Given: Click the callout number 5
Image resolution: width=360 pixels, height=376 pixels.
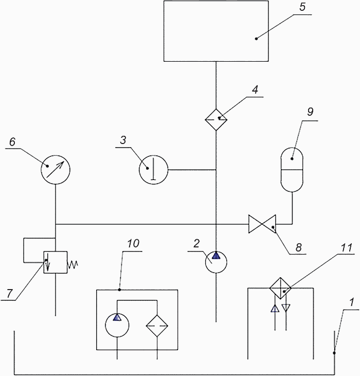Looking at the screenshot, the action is (302, 7).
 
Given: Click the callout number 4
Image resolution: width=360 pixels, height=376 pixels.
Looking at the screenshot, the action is (255, 89).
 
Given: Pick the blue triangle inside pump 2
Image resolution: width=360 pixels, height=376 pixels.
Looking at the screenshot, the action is (216, 256).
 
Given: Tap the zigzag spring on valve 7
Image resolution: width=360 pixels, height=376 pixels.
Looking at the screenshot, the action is (73, 264).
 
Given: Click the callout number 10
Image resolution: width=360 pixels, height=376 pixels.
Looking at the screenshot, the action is (133, 244).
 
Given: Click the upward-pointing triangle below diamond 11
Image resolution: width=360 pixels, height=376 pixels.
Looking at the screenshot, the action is (275, 309).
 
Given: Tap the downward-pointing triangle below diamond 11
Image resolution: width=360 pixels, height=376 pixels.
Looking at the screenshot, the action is (286, 308).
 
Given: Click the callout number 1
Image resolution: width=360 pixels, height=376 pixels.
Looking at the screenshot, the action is (352, 302).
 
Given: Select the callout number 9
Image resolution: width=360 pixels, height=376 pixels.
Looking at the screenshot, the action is (310, 112).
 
